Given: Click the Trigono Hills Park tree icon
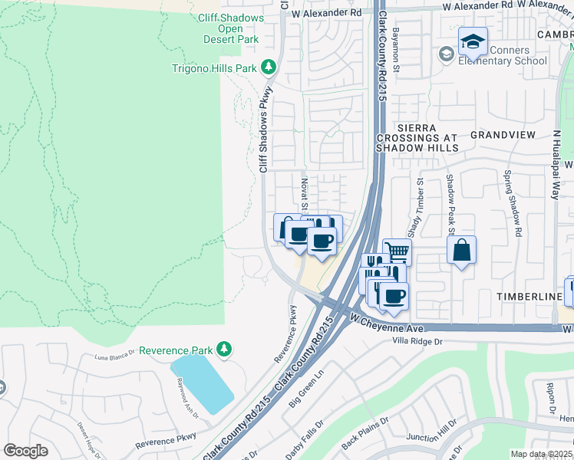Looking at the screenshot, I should click(269, 68).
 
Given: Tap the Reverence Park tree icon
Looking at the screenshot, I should click(223, 350).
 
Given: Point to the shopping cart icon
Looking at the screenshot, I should click(397, 251).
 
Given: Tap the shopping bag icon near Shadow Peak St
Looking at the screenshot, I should click(462, 250).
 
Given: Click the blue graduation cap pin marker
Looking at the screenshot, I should click(473, 41).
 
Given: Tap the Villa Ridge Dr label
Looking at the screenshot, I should click(418, 340).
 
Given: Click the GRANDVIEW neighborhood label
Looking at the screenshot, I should click(503, 135).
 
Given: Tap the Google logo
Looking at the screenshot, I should click(25, 451).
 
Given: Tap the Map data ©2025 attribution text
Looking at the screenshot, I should click(541, 454).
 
